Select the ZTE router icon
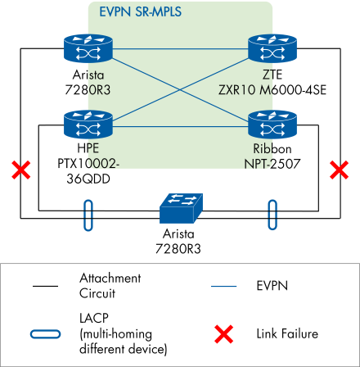click(x=268, y=51)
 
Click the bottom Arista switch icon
click(x=178, y=207)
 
